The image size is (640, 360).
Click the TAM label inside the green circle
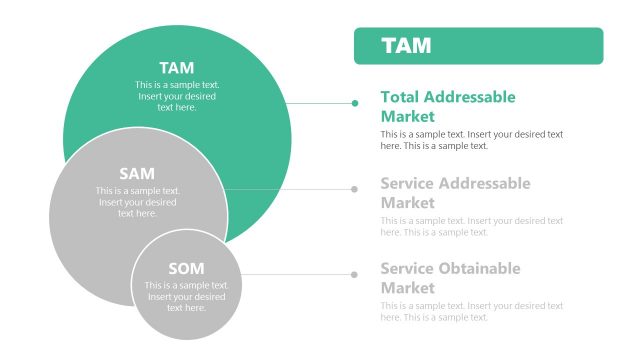click(177, 68)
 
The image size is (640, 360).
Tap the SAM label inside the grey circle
click(137, 173)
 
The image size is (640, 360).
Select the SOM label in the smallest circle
click(186, 268)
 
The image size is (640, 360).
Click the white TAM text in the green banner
click(406, 46)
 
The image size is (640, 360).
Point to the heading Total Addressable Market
click(448, 106)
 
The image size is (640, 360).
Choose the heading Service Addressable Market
click(455, 192)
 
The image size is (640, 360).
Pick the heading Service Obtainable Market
click(450, 277)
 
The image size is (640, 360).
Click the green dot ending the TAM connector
click(355, 102)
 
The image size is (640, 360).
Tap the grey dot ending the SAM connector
click(355, 188)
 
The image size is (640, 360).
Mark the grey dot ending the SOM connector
click(355, 273)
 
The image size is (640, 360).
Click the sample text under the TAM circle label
click(177, 96)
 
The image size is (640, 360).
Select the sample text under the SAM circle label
click(138, 201)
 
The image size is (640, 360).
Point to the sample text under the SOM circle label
click(187, 297)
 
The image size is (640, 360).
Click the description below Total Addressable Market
click(471, 139)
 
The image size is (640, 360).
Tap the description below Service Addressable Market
click(471, 226)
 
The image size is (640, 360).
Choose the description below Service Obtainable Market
click(471, 311)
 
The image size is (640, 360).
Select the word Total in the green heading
click(400, 97)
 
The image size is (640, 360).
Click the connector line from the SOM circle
click(295, 273)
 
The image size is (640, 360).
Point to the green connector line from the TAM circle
click(320, 102)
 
